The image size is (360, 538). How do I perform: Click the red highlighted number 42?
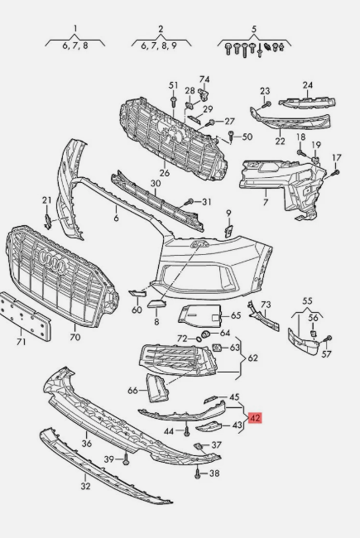255,418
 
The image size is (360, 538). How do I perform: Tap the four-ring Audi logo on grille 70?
52,262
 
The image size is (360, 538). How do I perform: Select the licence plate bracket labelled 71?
25,316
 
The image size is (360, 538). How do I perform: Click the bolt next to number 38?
197,473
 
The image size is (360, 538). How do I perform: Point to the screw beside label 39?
126,459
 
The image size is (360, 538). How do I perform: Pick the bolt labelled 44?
187,430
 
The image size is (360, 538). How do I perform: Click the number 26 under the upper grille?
165,173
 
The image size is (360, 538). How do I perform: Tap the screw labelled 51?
173,100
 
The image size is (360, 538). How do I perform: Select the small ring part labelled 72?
199,339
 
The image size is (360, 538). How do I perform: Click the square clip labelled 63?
217,348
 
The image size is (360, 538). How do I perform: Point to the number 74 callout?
204,79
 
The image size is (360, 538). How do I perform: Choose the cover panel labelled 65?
199,315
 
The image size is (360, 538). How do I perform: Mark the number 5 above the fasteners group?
254,29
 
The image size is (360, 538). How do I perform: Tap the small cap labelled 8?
157,304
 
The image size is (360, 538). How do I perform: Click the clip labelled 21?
48,221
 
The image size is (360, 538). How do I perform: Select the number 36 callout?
86,444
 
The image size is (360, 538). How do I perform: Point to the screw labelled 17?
336,173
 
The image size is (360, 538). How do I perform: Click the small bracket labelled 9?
228,231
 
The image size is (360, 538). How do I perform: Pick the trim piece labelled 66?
157,387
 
